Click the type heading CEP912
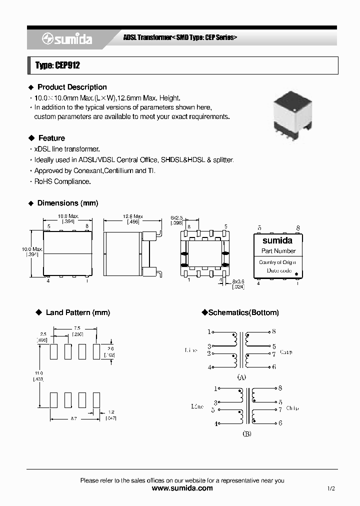coord(57,65)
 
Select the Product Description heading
coord(72,87)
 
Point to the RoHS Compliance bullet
coord(62,181)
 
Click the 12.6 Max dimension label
coord(133,216)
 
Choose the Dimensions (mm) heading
coord(67,203)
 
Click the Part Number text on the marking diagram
coord(278,251)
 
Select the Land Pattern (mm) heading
coord(77,312)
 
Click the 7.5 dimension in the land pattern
coord(76,328)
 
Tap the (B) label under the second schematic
coord(247,434)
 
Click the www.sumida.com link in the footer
coord(182,488)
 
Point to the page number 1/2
coord(331,488)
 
